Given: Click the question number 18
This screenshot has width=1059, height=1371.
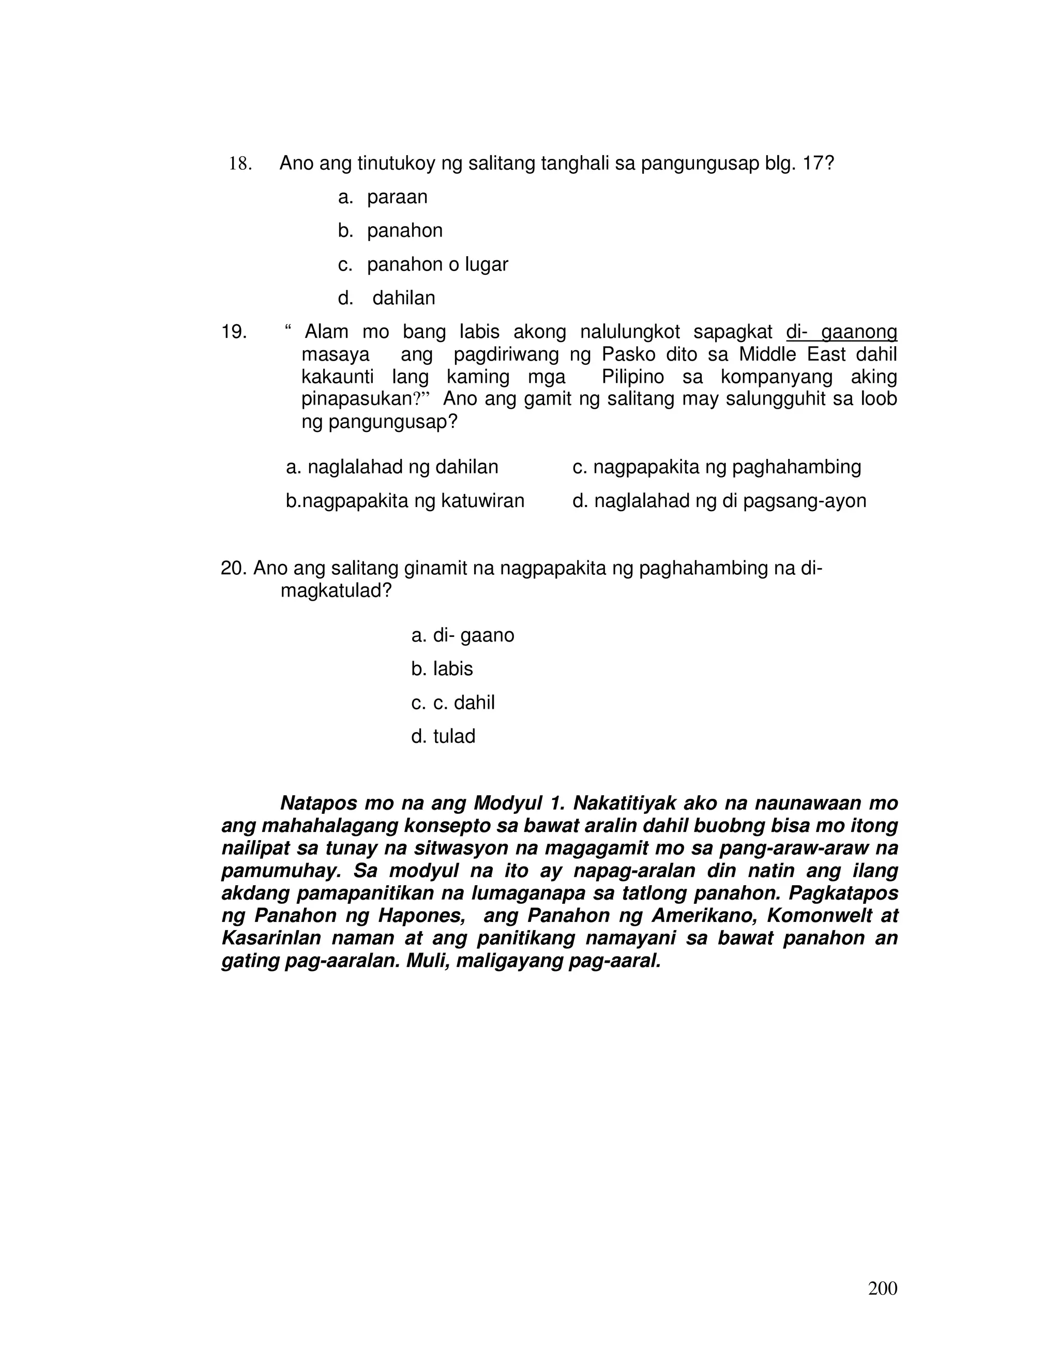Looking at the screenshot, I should coord(239,165).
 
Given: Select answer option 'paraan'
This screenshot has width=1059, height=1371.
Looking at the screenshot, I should coord(397,197).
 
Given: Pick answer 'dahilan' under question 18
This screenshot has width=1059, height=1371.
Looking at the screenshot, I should coord(403,298).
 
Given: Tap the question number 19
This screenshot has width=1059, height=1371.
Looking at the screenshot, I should coord(233,332).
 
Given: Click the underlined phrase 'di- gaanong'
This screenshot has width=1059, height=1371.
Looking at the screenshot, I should coord(841,332).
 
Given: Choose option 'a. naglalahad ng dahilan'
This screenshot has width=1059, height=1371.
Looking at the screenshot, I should coord(392,467).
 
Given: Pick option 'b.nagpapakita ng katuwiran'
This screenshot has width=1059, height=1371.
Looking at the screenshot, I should coord(405,501).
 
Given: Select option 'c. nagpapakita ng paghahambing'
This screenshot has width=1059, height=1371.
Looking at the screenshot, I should coord(717,467).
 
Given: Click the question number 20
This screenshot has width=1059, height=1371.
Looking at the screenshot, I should coord(233,569).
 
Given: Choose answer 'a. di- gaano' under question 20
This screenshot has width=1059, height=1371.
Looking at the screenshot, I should coord(462,636).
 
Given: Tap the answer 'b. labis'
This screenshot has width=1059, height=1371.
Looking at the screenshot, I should coord(442,669).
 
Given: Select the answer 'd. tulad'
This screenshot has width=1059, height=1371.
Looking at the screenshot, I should coord(443,736).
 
